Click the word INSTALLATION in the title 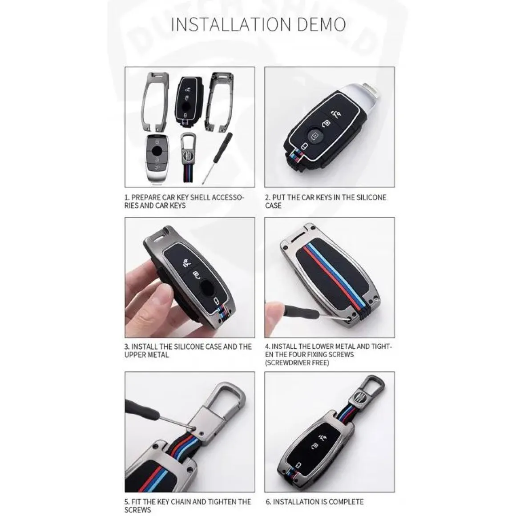(231, 24)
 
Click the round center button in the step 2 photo (315, 136)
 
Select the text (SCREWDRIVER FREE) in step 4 (297, 363)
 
